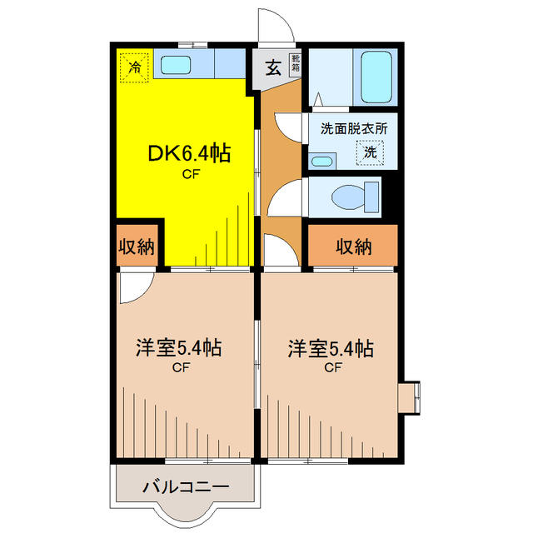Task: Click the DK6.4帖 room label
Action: pyautogui.click(x=189, y=153)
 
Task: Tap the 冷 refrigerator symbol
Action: pyautogui.click(x=133, y=66)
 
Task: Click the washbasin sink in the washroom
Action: pyautogui.click(x=321, y=160)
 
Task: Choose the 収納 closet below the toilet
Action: pyautogui.click(x=353, y=247)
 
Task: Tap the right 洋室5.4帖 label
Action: pyautogui.click(x=330, y=348)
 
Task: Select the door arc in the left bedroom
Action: pyautogui.click(x=134, y=288)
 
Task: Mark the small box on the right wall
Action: pyautogui.click(x=411, y=396)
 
